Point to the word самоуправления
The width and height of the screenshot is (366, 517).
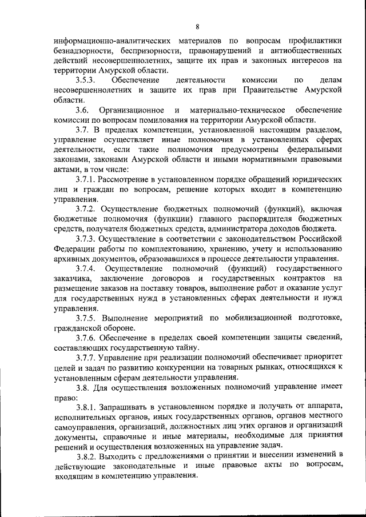pos(86,426)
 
